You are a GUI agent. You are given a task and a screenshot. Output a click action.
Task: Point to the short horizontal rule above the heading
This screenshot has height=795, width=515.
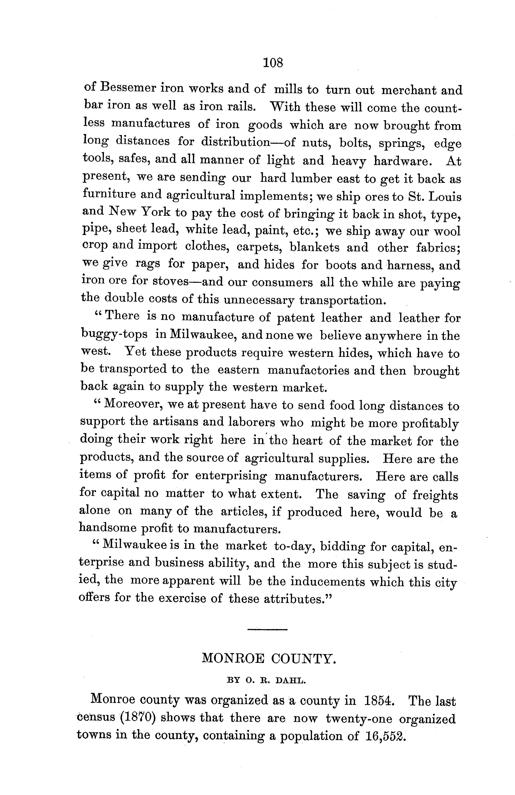click(267, 630)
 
